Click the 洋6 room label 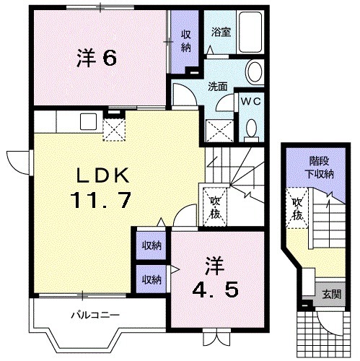pyautogui.click(x=97, y=58)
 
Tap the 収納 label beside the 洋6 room pyautogui.click(x=185, y=41)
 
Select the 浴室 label pyautogui.click(x=221, y=32)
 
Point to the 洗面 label pyautogui.click(x=218, y=86)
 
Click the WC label pyautogui.click(x=251, y=101)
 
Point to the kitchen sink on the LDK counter pyautogui.click(x=89, y=121)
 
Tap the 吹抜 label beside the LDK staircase pyautogui.click(x=215, y=206)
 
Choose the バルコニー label pyautogui.click(x=89, y=316)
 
